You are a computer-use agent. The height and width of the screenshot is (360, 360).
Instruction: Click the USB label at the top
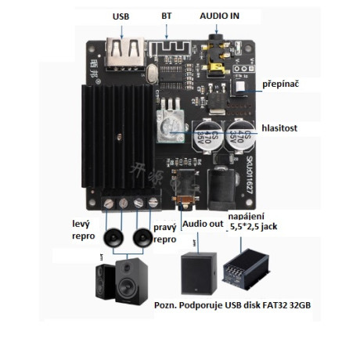click(121, 16)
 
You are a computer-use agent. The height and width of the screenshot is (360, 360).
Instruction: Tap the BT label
click(167, 16)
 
